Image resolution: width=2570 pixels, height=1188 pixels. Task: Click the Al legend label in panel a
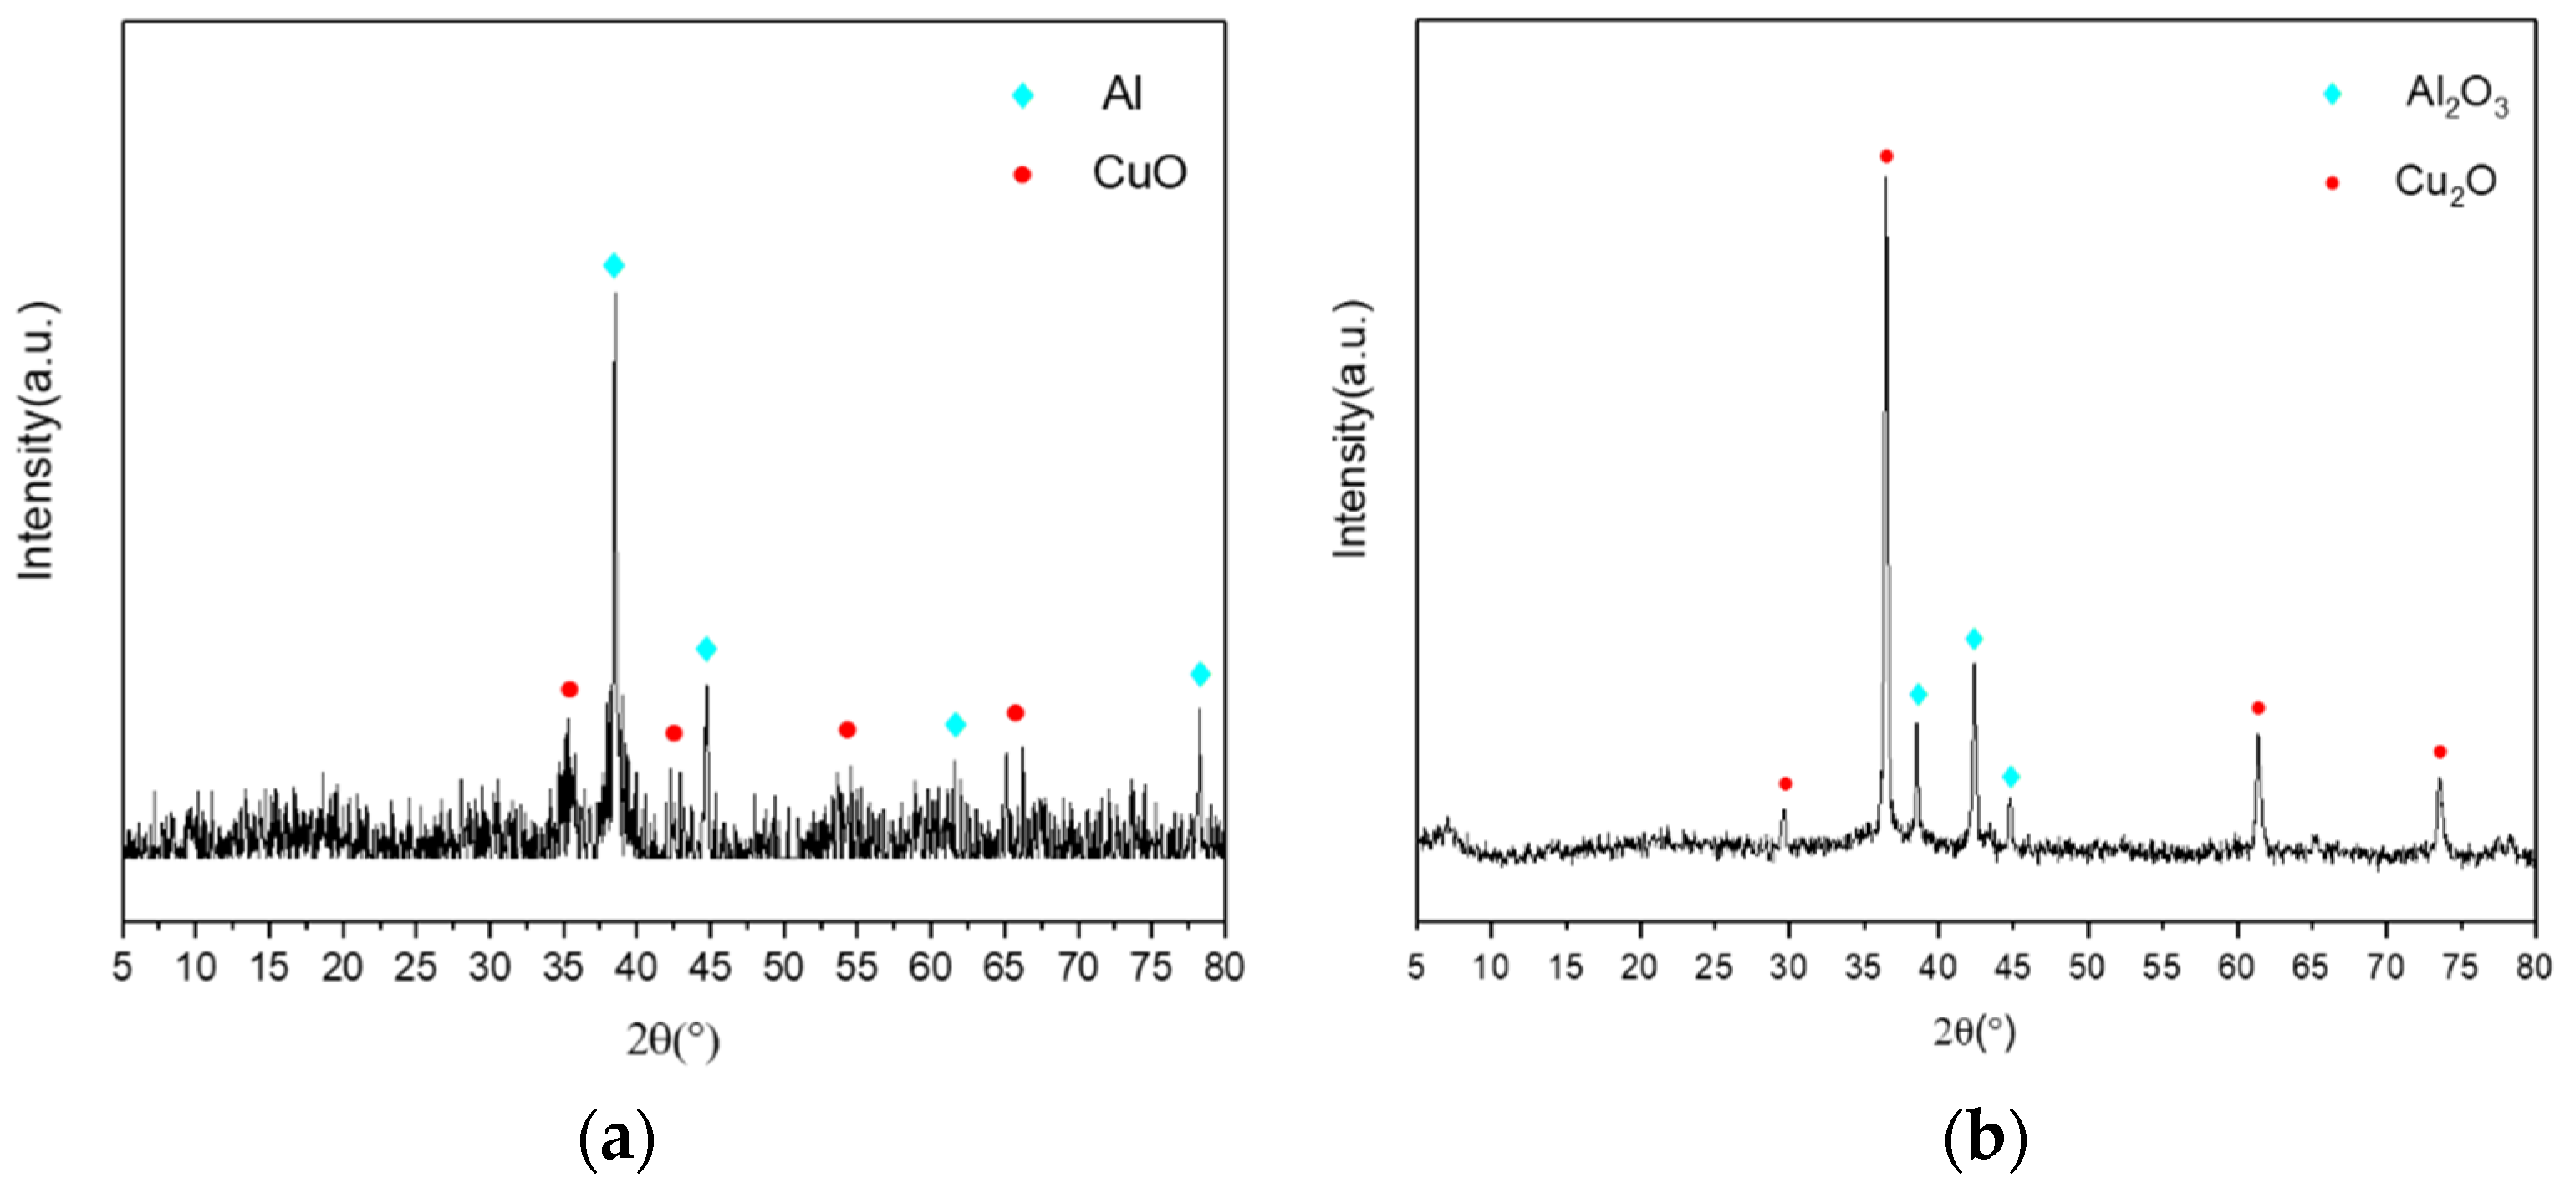click(x=1121, y=94)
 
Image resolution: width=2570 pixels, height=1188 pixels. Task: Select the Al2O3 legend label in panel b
click(x=2456, y=96)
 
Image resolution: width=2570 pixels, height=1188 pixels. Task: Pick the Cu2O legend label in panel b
click(x=2445, y=182)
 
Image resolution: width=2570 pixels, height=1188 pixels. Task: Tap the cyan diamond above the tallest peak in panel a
click(x=614, y=265)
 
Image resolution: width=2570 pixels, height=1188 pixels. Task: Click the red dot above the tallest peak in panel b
click(x=1885, y=156)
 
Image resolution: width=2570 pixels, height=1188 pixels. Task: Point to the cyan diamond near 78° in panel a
click(x=1201, y=675)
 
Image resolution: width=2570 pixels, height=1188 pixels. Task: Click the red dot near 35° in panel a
click(x=569, y=689)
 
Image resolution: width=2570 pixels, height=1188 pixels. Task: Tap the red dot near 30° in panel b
click(x=1785, y=784)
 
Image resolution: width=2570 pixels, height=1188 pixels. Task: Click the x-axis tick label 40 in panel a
click(x=636, y=966)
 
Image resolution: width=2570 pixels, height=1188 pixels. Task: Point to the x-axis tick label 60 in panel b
click(x=2236, y=966)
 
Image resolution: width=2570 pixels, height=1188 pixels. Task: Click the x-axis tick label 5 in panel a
click(x=123, y=966)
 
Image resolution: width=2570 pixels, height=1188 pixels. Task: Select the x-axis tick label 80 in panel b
click(x=2534, y=966)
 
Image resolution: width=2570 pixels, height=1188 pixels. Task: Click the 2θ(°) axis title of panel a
click(x=673, y=1040)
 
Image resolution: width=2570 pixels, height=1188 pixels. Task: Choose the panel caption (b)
click(x=1985, y=1138)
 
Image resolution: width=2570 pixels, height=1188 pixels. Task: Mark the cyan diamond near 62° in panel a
click(x=956, y=724)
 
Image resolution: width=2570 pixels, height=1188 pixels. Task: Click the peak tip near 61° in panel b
click(x=2257, y=737)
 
